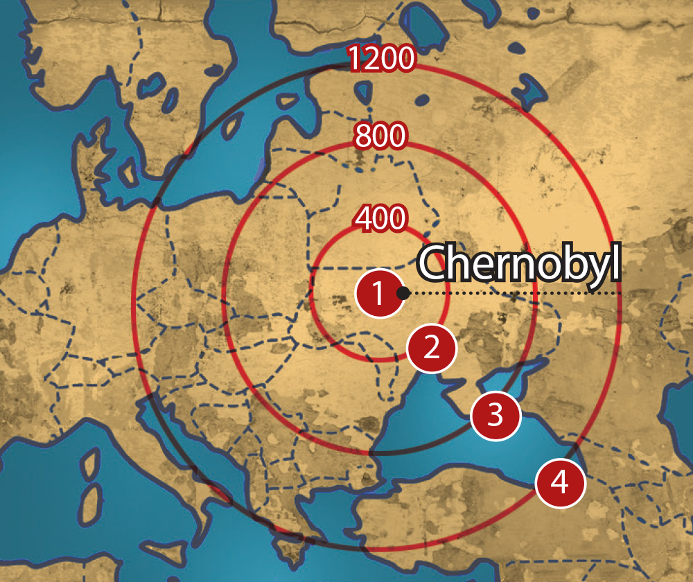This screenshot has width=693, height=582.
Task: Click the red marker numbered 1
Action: [x=379, y=293]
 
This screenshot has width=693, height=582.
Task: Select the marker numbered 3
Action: [x=495, y=415]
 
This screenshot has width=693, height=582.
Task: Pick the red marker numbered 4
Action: [x=560, y=483]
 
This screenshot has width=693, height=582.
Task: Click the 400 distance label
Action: [x=380, y=219]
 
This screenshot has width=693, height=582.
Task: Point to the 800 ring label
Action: [x=380, y=136]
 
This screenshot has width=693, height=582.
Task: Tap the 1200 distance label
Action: [x=380, y=60]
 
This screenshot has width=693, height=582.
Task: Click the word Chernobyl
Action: [x=518, y=263]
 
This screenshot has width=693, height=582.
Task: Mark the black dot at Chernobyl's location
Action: [x=403, y=293]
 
